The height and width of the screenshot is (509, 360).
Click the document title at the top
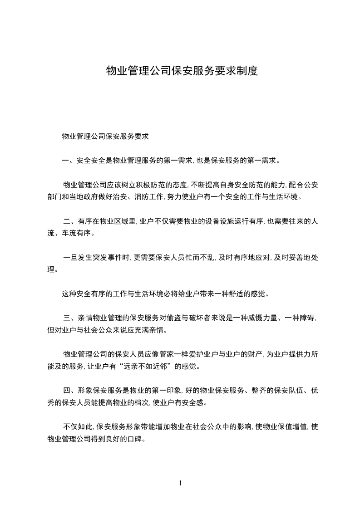point(182,71)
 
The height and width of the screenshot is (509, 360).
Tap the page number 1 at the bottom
point(180,483)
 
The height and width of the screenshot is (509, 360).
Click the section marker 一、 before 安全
point(69,160)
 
